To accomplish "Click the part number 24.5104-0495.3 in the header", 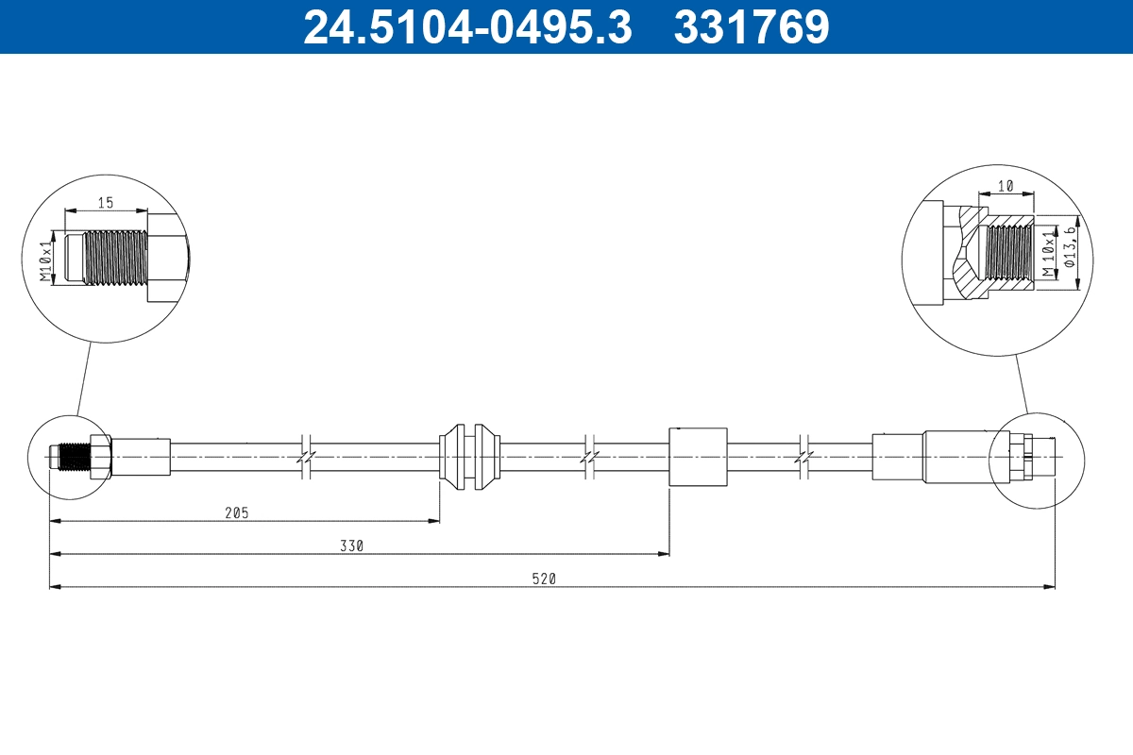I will (x=466, y=26).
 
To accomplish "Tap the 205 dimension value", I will (x=236, y=512).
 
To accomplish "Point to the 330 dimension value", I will (x=352, y=545).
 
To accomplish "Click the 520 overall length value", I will (x=544, y=579).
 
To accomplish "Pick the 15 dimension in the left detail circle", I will (x=105, y=202).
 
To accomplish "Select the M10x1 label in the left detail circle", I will (x=45, y=261).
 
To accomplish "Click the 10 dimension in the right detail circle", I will (x=1005, y=187).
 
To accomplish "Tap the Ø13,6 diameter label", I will (x=1070, y=247).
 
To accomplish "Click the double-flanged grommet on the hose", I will (x=470, y=456).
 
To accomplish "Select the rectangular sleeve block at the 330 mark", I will (x=698, y=456).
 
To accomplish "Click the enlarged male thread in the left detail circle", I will (x=115, y=257).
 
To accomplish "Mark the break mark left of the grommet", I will (x=305, y=456).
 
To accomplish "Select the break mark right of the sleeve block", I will (x=803, y=456).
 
